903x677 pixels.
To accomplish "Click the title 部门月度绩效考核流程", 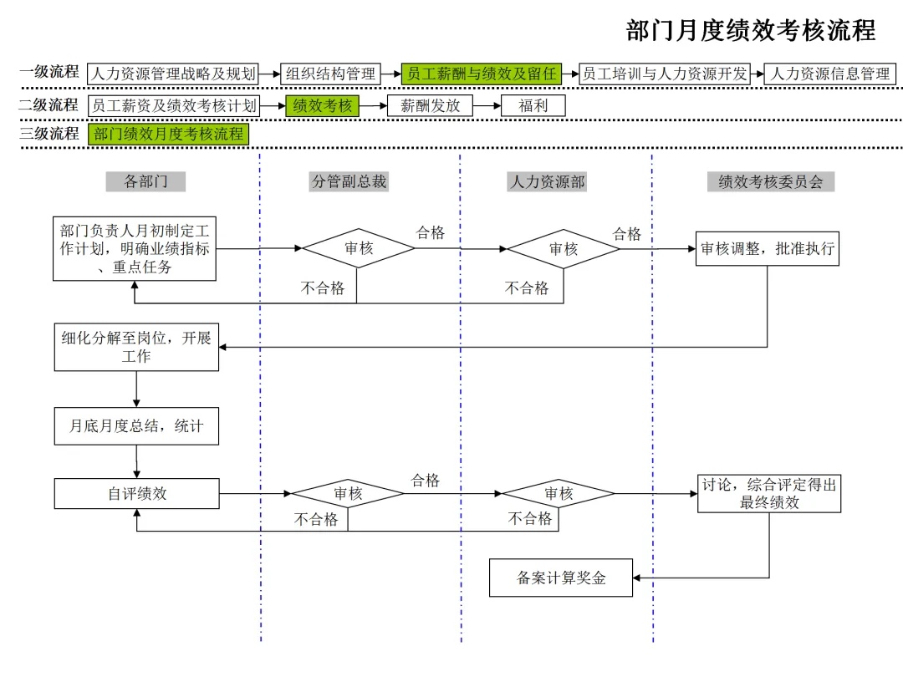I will point(750,31).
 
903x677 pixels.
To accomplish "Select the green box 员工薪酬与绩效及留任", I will point(481,74).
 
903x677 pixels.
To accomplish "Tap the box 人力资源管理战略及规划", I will point(172,74).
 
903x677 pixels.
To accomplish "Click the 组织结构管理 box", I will point(330,74).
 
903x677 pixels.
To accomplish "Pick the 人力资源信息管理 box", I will point(830,74).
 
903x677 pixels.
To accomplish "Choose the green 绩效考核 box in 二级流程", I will point(322,105).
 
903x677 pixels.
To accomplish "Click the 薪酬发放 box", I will point(430,105).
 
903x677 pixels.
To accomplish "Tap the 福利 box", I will point(533,105).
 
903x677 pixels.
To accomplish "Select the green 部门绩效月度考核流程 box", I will point(168,134).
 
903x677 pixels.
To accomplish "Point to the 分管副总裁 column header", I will point(349,181).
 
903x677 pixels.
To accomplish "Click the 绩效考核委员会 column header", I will point(770,181).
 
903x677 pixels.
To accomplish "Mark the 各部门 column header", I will point(145,181).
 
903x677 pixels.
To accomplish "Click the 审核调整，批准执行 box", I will point(767,249).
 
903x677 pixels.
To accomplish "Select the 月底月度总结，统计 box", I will point(136,426).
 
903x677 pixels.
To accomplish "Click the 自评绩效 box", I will point(136,494).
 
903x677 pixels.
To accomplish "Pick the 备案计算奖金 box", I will point(561,578).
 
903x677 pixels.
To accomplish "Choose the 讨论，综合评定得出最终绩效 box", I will point(769,493).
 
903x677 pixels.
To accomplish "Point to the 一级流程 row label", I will point(49,73).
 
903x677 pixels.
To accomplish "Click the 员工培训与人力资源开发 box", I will point(665,74).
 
